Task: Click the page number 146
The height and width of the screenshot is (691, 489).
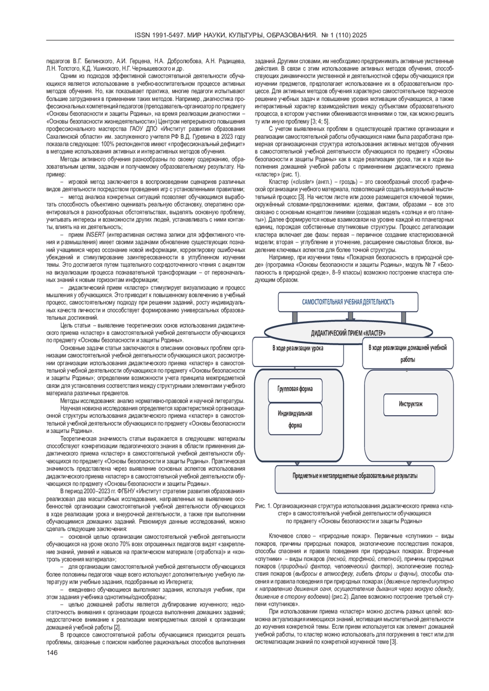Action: [x=52, y=653]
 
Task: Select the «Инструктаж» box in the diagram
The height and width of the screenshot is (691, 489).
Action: [x=410, y=404]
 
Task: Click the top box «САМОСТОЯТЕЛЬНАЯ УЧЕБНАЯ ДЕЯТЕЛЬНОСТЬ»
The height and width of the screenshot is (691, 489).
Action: [x=348, y=302]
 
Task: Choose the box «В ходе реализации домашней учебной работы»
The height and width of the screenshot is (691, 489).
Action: [x=407, y=353]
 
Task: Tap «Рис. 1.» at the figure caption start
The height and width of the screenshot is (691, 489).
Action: [x=263, y=506]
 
